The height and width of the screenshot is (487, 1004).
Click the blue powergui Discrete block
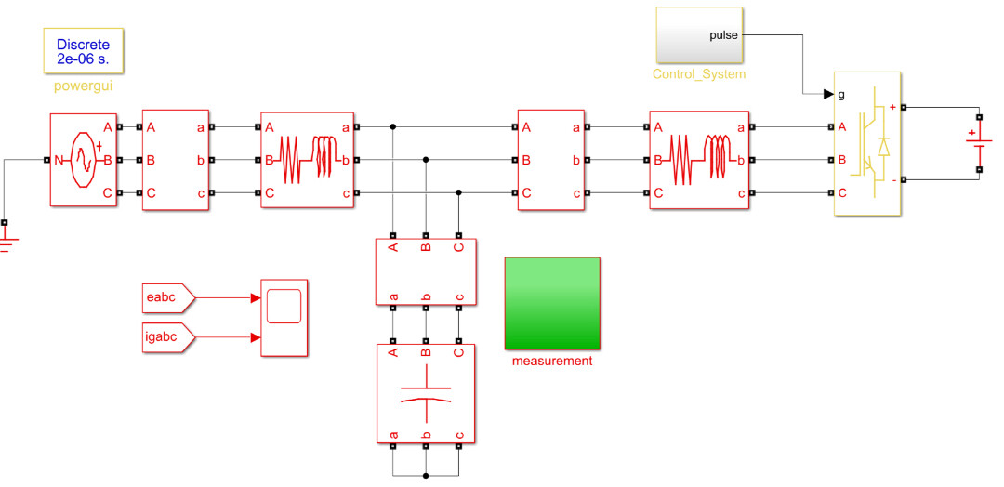click(x=83, y=50)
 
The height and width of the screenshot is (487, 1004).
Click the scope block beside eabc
click(x=284, y=317)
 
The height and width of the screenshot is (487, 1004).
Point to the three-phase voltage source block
click(x=84, y=160)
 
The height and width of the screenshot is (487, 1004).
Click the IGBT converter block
click(x=867, y=144)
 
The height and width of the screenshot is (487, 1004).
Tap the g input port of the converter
click(x=841, y=95)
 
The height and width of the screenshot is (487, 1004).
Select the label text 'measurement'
click(x=552, y=361)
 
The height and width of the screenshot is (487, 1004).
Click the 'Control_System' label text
click(x=698, y=74)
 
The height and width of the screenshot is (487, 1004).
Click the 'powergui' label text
click(x=83, y=85)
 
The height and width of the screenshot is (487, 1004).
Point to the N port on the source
click(x=57, y=160)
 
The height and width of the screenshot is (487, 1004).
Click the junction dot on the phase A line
click(x=393, y=126)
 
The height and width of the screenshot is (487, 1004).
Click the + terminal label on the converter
click(x=893, y=108)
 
